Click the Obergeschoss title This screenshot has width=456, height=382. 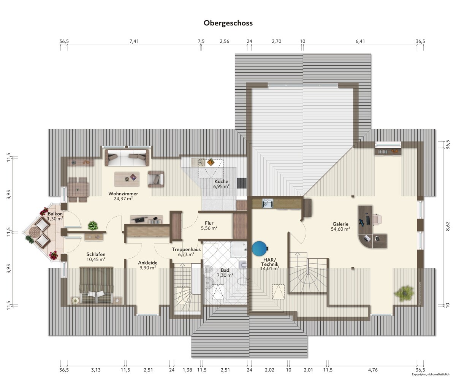pos(228,23)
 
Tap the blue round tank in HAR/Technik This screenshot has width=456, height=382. pos(260,249)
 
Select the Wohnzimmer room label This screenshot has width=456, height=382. pos(123,194)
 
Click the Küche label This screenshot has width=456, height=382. pos(221,182)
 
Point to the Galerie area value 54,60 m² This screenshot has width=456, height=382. pos(340,229)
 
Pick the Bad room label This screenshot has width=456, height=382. pos(225,270)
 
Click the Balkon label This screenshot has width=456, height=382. pos(55,214)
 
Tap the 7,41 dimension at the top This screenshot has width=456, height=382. pos(134,41)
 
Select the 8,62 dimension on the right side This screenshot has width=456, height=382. pos(448,226)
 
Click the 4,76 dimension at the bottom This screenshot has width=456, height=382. pos(373,370)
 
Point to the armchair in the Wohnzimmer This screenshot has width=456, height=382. pos(156,179)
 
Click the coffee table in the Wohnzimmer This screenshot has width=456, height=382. pos(127,179)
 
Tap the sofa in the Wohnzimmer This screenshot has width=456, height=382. pos(127,158)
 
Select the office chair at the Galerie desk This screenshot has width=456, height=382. pos(377,219)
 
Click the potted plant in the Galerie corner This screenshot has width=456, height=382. pos(404,293)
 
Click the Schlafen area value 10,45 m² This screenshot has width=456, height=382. pos(96,260)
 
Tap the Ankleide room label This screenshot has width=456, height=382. pos(148,263)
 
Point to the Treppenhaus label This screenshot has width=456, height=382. pos(186,249)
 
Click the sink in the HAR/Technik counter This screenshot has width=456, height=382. pos(268,203)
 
